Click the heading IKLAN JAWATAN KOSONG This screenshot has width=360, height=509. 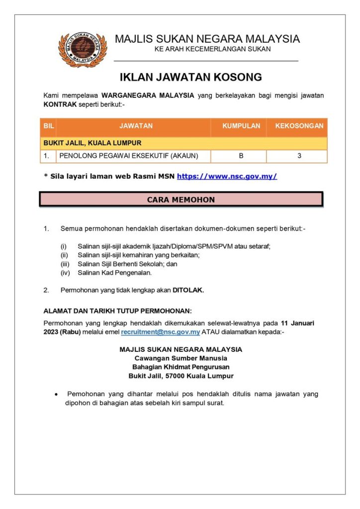[x=190, y=78]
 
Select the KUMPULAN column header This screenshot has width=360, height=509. [x=241, y=126]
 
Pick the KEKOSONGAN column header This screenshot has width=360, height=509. [x=299, y=126]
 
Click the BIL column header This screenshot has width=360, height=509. [x=49, y=126]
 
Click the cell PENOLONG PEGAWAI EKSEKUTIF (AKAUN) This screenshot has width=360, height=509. [x=129, y=156]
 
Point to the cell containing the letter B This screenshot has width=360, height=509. [x=241, y=156]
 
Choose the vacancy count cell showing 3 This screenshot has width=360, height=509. [x=299, y=156]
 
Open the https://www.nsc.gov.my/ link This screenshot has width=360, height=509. [x=227, y=176]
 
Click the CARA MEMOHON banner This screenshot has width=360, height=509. [x=181, y=200]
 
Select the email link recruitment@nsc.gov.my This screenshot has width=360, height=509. [x=161, y=332]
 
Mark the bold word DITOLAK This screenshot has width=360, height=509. [x=188, y=290]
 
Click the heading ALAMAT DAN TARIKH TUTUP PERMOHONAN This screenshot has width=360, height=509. [x=117, y=311]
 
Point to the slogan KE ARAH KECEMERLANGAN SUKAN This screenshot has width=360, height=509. [x=212, y=49]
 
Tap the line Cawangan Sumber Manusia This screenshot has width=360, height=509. [x=181, y=358]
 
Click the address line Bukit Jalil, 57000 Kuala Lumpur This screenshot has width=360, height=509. [x=181, y=376]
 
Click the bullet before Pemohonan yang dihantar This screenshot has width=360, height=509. [x=56, y=394]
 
